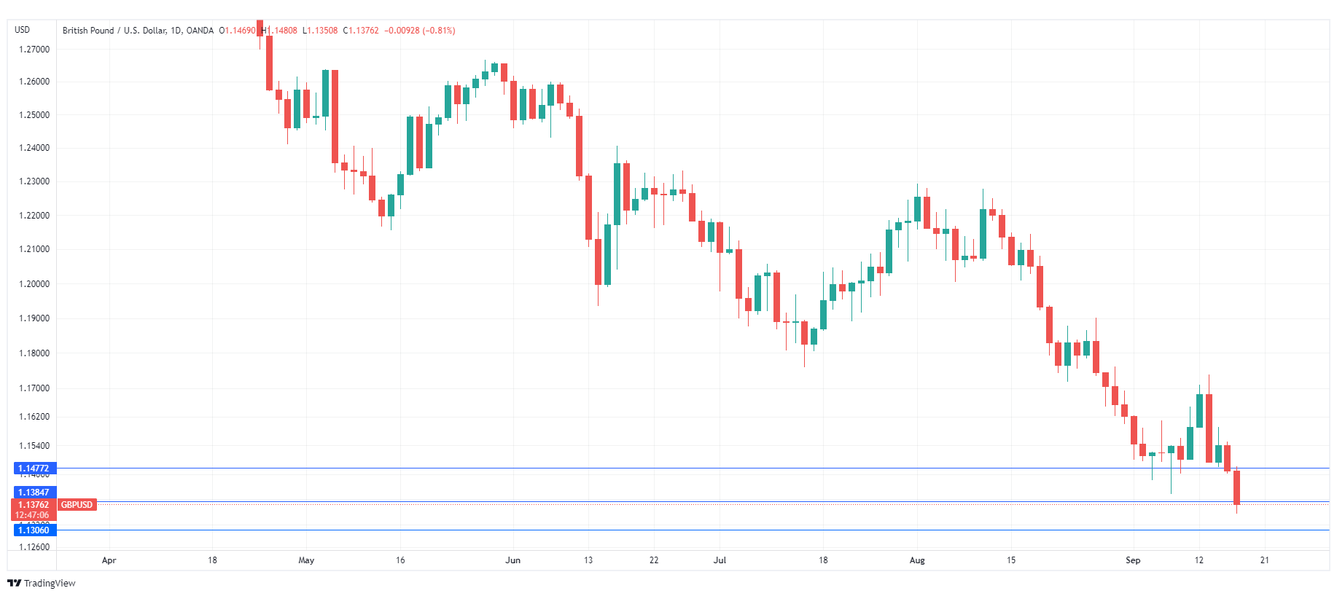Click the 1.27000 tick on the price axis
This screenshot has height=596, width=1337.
click(x=34, y=50)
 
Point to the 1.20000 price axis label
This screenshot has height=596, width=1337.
click(x=34, y=284)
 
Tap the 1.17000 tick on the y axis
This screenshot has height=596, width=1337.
click(x=34, y=388)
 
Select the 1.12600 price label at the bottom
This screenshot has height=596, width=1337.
click(x=34, y=547)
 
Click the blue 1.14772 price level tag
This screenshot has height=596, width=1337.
click(x=34, y=468)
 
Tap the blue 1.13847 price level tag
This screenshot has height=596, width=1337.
click(x=34, y=493)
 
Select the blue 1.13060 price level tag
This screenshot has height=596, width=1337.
click(x=34, y=530)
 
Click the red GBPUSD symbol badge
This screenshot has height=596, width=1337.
click(x=77, y=505)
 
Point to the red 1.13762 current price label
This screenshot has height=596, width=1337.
click(x=34, y=505)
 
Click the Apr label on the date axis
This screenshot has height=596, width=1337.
click(x=109, y=560)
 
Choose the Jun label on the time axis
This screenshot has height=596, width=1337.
click(x=513, y=560)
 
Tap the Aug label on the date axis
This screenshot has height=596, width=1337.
click(x=917, y=560)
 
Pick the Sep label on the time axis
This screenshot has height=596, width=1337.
click(x=1133, y=560)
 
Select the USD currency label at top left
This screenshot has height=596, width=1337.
click(x=23, y=30)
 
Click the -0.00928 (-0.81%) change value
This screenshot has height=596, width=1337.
click(x=420, y=31)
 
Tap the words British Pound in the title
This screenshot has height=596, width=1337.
click(x=88, y=31)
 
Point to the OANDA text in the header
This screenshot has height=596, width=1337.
click(x=200, y=31)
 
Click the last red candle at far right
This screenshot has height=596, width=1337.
click(x=1236, y=487)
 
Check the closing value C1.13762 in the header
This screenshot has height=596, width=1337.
click(x=362, y=31)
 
